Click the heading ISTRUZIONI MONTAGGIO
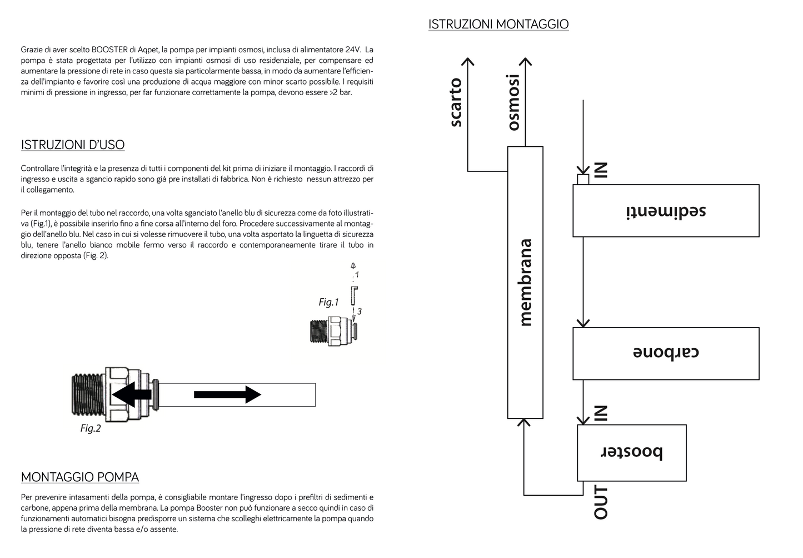pos(498,24)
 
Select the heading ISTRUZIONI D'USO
pos(73,145)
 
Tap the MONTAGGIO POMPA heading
pos(80,477)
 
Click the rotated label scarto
pos(456,102)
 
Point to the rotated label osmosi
pos(513,102)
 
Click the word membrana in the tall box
pos(525,283)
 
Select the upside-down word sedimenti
pos(666,211)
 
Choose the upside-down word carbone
pos(666,353)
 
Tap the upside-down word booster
pos(632,452)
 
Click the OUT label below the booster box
pos(601,502)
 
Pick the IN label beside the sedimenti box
pos(601,170)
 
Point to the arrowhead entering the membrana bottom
pos(524,422)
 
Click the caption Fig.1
pos(328,302)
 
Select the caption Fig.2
pos(91,428)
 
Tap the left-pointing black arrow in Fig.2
pos(132,394)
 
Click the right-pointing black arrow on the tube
pos(227,394)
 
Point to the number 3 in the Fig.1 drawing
pos(360,312)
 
